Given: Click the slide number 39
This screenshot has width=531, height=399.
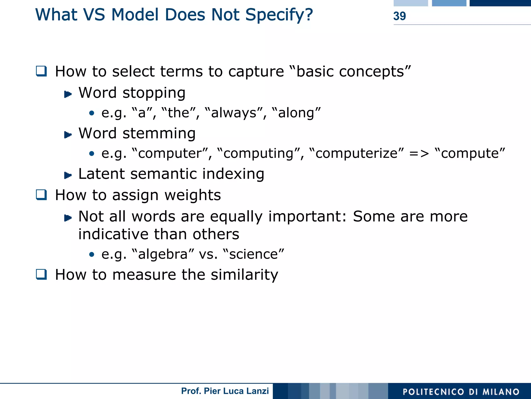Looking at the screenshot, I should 399,16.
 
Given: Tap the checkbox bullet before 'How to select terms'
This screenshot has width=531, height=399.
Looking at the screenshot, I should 41,71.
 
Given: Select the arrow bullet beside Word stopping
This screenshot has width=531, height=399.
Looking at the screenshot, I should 68,94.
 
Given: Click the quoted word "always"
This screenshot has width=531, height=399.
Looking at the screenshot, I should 234,113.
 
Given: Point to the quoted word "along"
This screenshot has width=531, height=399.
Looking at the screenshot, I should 296,113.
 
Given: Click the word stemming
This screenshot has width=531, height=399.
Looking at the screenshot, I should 159,133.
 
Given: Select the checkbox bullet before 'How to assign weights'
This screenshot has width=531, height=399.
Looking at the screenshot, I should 41,195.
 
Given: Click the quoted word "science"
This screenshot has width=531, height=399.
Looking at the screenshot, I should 253,254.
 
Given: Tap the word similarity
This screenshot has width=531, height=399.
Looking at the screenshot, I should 244,275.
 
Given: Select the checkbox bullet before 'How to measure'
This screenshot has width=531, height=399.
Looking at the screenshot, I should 41,274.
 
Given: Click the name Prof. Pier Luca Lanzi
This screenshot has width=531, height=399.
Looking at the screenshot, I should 225,391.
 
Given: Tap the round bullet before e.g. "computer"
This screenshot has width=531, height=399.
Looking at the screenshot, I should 92,154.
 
